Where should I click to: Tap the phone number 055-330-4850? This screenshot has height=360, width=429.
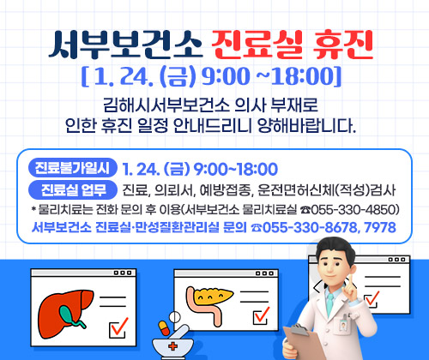353,208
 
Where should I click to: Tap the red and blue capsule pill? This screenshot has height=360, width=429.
163,327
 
